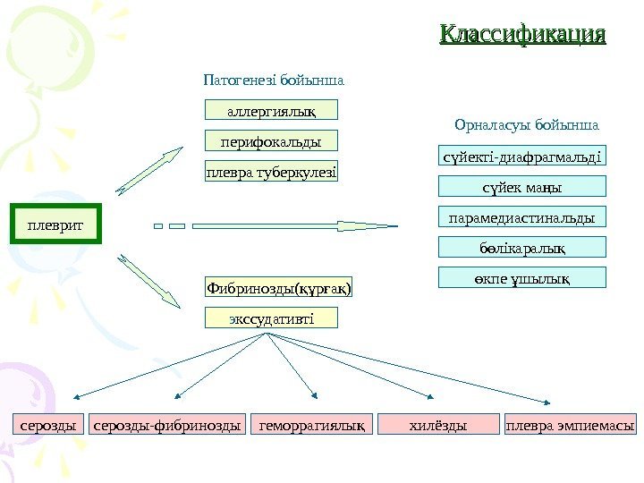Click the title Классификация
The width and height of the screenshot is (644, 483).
click(522, 36)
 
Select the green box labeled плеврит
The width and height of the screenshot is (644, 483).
click(54, 225)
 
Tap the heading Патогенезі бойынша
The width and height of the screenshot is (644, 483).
click(274, 80)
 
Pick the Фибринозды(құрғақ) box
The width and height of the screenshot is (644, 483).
click(279, 288)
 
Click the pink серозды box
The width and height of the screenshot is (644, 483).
click(48, 426)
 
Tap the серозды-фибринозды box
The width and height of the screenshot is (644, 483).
click(168, 426)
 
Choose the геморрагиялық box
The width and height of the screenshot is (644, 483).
click(313, 426)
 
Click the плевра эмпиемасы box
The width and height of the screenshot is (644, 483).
click(571, 426)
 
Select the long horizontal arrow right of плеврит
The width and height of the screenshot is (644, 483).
click(286, 225)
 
